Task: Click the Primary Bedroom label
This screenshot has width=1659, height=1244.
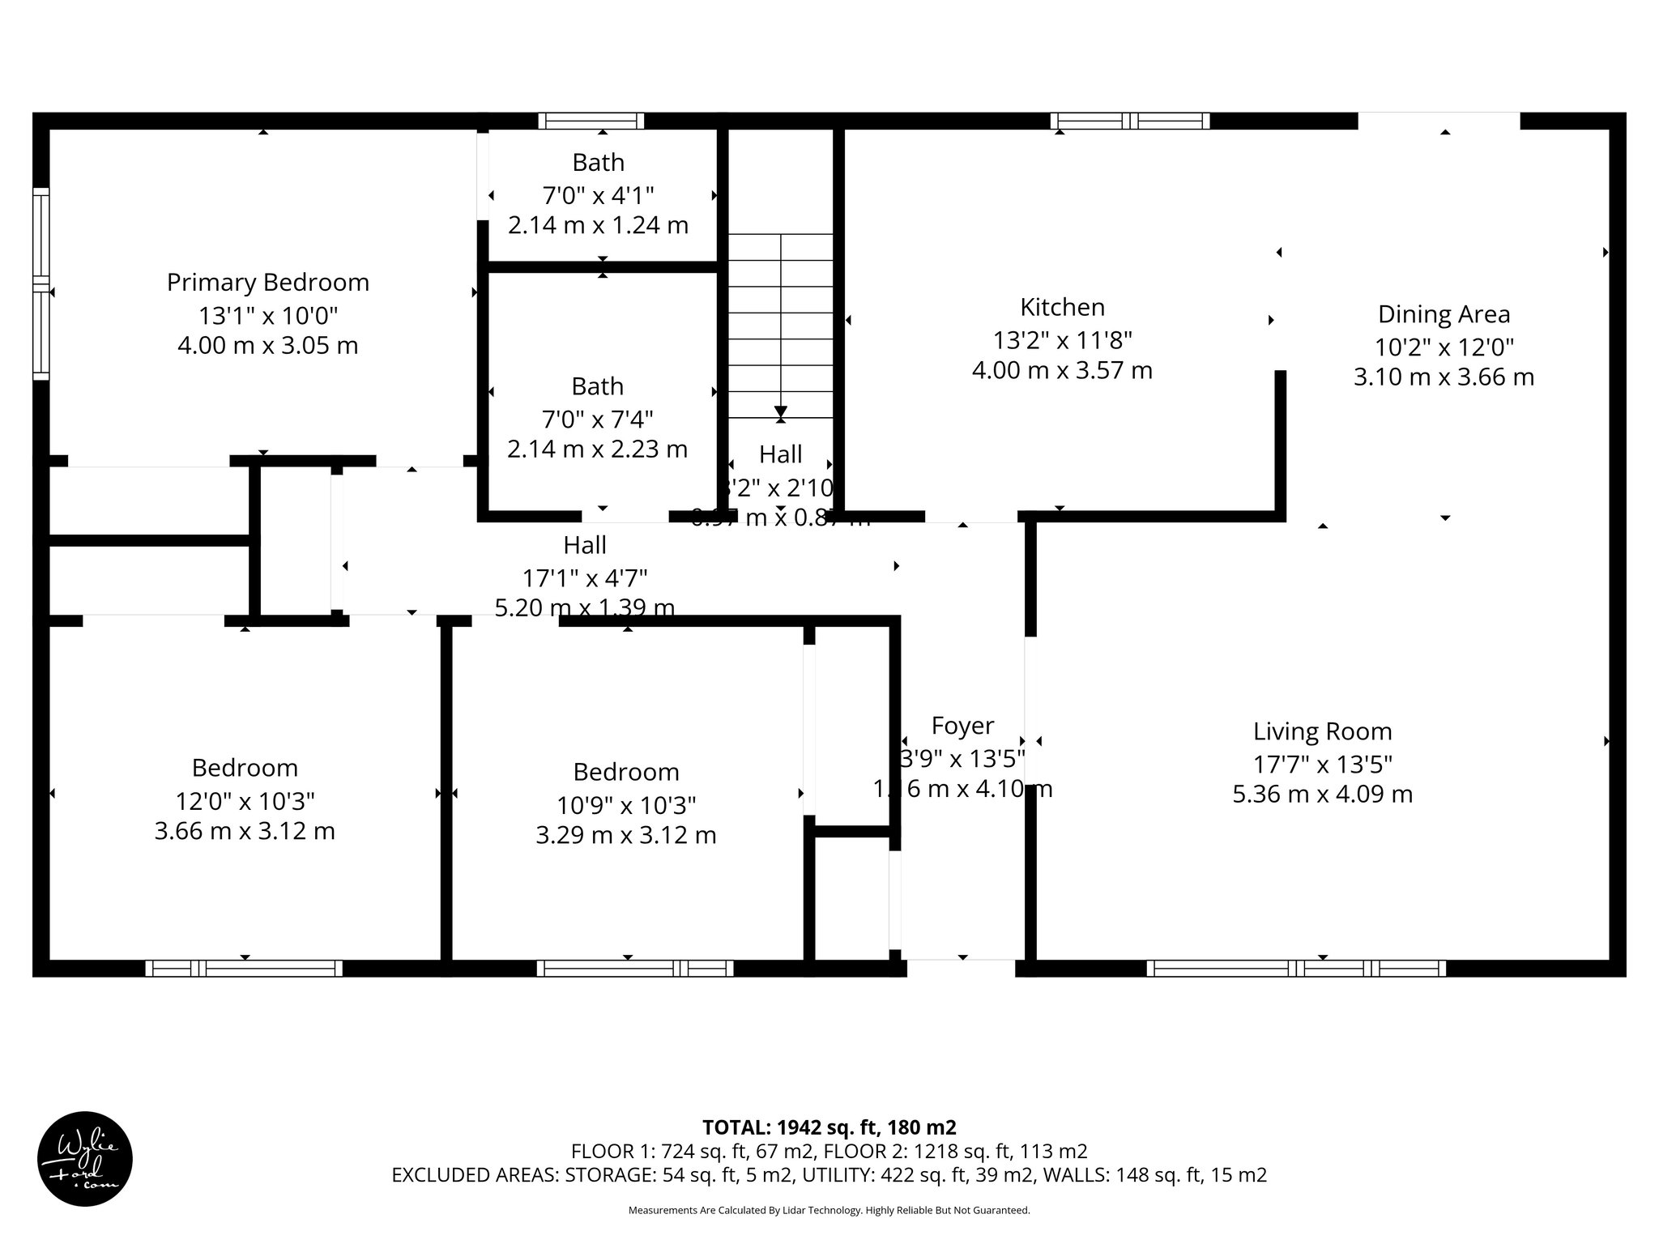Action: point(267,283)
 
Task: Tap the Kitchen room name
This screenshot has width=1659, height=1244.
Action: point(1062,308)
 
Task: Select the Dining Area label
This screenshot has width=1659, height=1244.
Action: point(1444,314)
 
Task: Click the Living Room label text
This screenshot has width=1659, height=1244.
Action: point(1322,731)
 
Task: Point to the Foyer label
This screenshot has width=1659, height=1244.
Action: point(962,726)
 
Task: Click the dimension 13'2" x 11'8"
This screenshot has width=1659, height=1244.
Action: point(1062,339)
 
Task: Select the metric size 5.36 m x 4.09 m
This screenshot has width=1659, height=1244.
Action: point(1322,795)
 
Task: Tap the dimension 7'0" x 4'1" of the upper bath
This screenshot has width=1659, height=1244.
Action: point(598,195)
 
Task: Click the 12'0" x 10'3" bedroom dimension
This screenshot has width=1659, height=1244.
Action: point(245,801)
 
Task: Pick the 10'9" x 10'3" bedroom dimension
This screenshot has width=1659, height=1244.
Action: point(626,805)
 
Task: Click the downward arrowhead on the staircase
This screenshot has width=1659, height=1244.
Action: point(780,411)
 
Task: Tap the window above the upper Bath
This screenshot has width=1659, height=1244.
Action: point(591,121)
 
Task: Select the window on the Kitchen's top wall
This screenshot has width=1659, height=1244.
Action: point(1130,121)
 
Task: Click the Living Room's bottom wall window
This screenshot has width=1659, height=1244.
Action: point(1295,968)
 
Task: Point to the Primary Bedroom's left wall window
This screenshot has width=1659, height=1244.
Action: point(41,283)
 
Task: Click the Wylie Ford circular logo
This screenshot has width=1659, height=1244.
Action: point(85,1158)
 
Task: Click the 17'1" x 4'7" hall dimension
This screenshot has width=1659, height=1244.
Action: point(584,578)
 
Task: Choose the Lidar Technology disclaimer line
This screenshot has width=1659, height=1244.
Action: point(829,1210)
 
